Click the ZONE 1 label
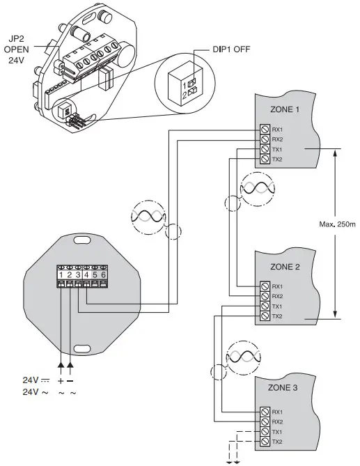[285, 109]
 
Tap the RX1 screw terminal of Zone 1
[265, 130]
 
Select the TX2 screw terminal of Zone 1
[265, 159]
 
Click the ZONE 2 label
[285, 267]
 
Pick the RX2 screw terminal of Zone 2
[265, 296]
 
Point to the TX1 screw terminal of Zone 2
[265, 306]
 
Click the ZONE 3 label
[283, 387]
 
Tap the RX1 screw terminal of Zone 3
[265, 412]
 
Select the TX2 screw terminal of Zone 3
[265, 442]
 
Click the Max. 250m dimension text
[337, 224]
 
